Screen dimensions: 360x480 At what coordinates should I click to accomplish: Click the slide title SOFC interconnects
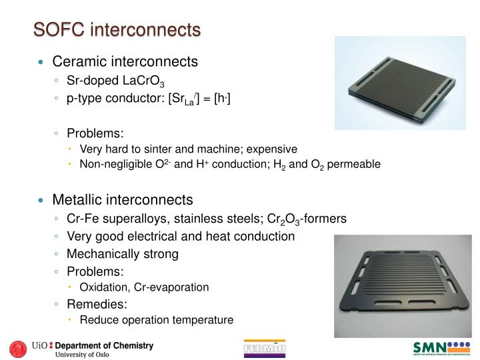117,29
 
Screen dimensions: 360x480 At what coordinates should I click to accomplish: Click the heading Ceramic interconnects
125,62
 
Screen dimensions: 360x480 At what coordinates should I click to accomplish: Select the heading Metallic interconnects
123,199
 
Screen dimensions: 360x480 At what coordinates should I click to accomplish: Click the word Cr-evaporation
173,287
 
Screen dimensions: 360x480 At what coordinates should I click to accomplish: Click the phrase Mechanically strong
123,253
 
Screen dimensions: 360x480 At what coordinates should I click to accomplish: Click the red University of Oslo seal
18,349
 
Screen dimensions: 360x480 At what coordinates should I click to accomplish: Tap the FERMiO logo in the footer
265,350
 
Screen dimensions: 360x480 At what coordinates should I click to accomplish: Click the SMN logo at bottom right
441,349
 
